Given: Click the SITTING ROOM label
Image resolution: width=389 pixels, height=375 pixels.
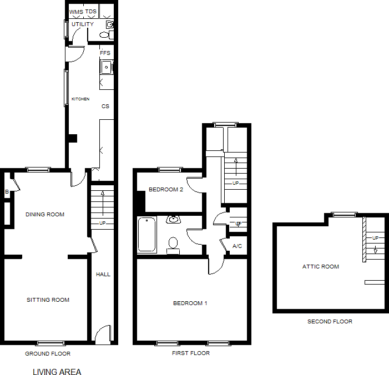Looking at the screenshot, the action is (x=48, y=300).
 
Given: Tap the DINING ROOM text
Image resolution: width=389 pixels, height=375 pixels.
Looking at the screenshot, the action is (x=45, y=214).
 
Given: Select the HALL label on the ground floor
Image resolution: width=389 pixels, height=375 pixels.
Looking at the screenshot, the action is (x=103, y=274).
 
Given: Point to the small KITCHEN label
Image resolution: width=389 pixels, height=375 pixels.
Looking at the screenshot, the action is (x=80, y=99).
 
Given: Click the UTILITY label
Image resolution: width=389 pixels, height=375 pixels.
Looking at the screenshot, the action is (x=83, y=24).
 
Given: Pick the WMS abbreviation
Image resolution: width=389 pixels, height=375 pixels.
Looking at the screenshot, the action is (x=76, y=12).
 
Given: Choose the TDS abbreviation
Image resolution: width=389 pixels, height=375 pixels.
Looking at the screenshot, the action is (x=91, y=12).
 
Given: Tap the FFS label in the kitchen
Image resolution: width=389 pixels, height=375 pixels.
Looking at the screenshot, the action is (x=105, y=53).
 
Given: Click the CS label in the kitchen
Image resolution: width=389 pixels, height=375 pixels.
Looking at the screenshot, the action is (x=105, y=106).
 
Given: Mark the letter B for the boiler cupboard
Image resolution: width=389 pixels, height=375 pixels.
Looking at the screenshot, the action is (x=7, y=192).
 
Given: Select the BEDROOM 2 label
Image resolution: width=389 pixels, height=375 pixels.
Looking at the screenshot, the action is (x=166, y=190).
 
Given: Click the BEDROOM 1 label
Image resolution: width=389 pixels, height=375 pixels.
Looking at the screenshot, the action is (x=190, y=303).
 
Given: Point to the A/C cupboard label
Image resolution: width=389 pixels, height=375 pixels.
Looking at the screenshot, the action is (x=237, y=246).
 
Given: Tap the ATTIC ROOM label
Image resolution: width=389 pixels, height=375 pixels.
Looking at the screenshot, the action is (x=321, y=267).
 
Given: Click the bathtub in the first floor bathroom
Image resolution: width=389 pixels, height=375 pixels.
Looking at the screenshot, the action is (x=147, y=234).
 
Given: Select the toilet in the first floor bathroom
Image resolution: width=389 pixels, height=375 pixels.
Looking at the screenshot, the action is (x=173, y=246).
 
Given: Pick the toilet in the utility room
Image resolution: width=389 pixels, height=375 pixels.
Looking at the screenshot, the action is (x=107, y=35).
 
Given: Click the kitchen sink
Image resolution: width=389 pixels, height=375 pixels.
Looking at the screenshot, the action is (x=107, y=67).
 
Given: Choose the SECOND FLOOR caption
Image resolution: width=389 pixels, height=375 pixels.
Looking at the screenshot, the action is (x=330, y=321).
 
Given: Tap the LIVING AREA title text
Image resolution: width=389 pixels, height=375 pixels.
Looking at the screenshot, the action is (x=57, y=372).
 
